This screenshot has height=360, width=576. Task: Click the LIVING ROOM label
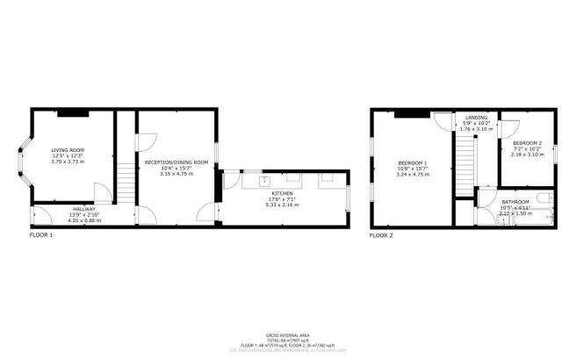[x=68, y=150]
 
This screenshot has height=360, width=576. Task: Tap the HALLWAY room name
[x=83, y=209]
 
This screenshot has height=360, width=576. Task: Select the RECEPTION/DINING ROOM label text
[x=176, y=162]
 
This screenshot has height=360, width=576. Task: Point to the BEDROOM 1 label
[x=412, y=163]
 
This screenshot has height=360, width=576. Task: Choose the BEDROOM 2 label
[x=527, y=142]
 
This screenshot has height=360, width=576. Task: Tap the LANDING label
[x=477, y=119]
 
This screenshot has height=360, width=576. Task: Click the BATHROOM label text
[x=515, y=201]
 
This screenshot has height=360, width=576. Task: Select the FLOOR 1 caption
[x=41, y=235]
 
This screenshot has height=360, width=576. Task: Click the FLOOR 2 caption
[x=380, y=235]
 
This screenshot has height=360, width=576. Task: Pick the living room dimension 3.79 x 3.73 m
[x=68, y=162]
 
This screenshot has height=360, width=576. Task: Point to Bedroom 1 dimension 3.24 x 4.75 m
[x=412, y=175]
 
